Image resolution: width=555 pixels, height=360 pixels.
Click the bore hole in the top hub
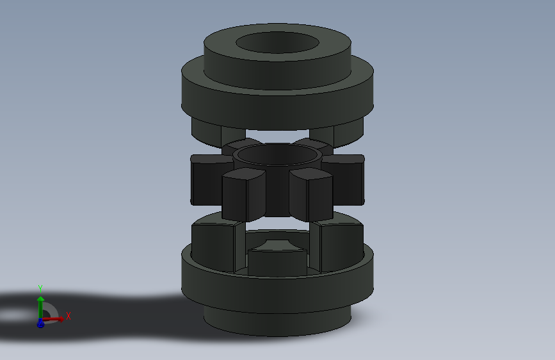tap(278, 43)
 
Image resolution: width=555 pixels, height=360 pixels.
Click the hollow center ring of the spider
tap(277, 155)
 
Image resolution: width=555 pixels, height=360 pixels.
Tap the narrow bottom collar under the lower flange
tap(278, 323)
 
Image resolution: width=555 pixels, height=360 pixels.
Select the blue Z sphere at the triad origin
tap(40, 323)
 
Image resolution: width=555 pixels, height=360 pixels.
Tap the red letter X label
tap(68, 316)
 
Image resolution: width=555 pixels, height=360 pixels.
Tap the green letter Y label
tap(40, 288)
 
